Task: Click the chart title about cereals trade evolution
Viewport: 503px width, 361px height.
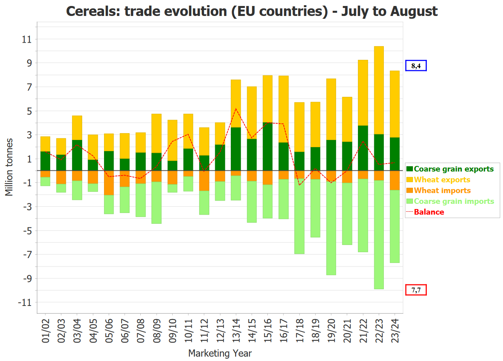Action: coord(251,11)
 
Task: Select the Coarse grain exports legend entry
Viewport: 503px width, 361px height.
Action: coord(454,169)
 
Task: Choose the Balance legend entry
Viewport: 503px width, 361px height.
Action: coord(429,212)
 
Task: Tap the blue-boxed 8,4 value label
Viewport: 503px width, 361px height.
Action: coord(416,65)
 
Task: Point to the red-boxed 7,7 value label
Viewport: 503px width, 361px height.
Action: coord(416,290)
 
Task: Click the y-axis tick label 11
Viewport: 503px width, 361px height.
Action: coord(28,39)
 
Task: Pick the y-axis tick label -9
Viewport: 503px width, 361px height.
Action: coord(26,278)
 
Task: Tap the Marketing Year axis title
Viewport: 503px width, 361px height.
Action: coord(220,353)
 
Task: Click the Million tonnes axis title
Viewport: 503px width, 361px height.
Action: coord(9,168)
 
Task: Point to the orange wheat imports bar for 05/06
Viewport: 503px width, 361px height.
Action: coord(109,183)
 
